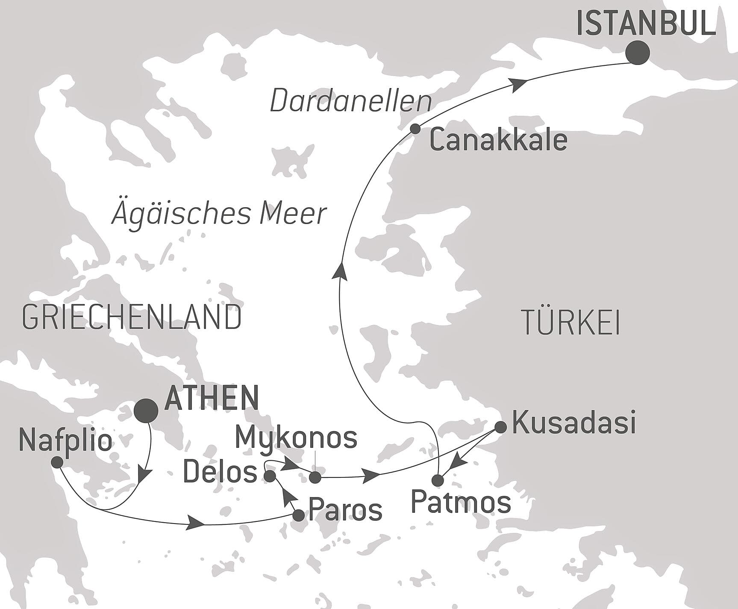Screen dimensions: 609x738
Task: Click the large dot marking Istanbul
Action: [x=637, y=53]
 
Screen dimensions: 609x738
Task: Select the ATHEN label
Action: [x=212, y=397]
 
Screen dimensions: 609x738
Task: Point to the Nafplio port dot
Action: [x=57, y=462]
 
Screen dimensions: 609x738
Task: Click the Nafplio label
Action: [x=66, y=441]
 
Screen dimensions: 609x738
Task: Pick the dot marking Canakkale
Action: [x=415, y=129]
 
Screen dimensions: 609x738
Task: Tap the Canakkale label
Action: [x=498, y=140]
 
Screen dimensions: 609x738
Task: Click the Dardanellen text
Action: [x=350, y=102]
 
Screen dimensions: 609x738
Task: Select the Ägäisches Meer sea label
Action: [x=219, y=213]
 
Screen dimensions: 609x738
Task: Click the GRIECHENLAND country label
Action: [x=132, y=318]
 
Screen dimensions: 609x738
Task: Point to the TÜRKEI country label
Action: [x=571, y=323]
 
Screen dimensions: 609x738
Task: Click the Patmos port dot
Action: [x=438, y=480]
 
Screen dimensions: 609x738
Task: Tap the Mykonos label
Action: [x=296, y=438]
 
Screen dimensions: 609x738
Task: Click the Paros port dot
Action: [x=298, y=515]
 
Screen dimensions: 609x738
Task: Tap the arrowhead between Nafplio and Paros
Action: [x=195, y=524]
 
